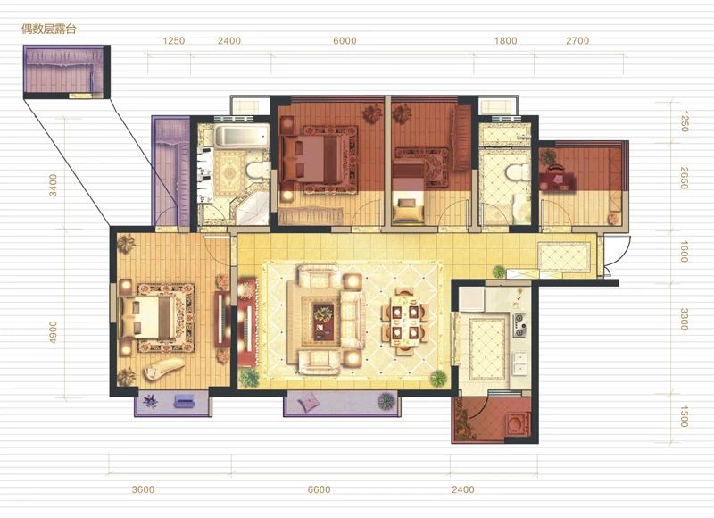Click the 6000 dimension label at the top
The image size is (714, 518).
tap(345, 40)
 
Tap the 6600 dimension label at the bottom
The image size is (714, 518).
tap(319, 489)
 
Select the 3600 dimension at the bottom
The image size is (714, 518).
tap(143, 489)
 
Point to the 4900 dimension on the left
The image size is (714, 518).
tap(53, 332)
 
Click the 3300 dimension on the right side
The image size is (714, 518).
tap(684, 319)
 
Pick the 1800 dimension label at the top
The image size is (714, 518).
tap(505, 40)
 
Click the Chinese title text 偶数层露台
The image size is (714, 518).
tap(49, 29)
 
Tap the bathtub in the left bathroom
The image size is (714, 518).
tap(242, 136)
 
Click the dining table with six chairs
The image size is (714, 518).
tap(404, 322)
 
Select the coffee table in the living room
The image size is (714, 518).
tap(324, 322)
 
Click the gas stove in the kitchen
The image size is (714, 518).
tap(519, 325)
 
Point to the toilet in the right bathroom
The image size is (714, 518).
tap(517, 173)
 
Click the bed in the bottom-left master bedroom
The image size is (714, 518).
tap(145, 318)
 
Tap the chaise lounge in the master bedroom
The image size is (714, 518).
tap(163, 368)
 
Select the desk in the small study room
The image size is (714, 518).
tap(557, 178)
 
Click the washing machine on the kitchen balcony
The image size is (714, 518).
tap(518, 423)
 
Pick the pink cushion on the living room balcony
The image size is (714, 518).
tap(308, 402)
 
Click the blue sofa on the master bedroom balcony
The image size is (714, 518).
tap(185, 401)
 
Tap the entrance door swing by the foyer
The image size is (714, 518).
tap(619, 255)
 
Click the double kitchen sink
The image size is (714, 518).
tap(519, 363)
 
